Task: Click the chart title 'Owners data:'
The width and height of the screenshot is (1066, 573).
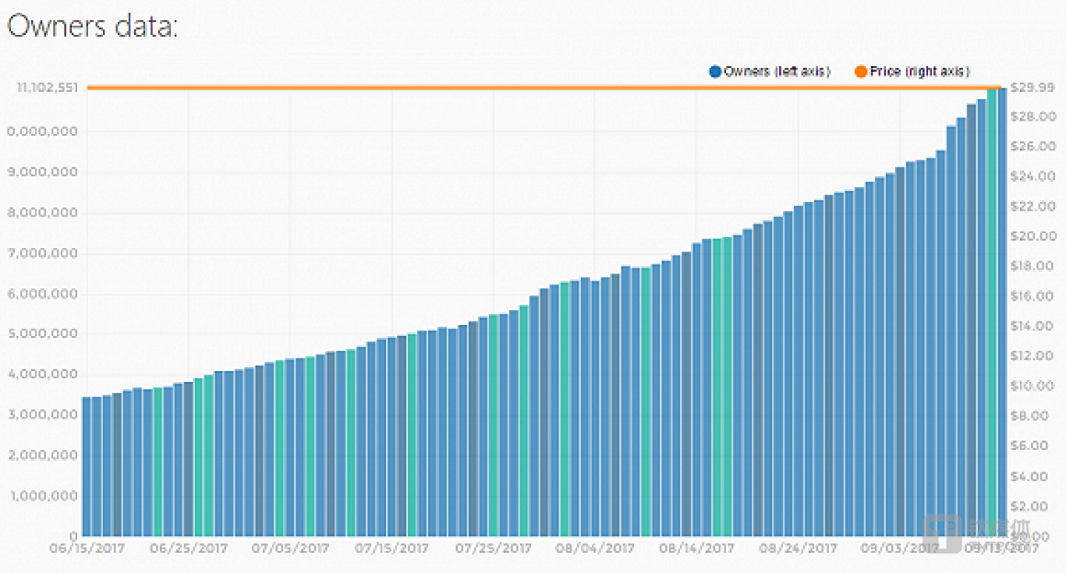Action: click(x=93, y=27)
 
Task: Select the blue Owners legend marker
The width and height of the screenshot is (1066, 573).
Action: click(x=715, y=72)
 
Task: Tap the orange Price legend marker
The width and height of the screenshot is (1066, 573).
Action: click(x=861, y=72)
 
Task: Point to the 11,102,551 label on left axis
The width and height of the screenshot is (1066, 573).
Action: click(x=46, y=88)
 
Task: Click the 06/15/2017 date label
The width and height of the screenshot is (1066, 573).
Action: click(x=87, y=549)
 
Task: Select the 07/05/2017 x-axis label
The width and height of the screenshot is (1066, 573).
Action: click(x=290, y=549)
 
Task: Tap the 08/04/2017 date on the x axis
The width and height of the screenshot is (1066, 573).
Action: click(x=595, y=549)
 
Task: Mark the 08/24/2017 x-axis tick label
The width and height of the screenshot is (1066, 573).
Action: click(x=798, y=549)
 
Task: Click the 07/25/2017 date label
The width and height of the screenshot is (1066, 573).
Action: click(x=493, y=549)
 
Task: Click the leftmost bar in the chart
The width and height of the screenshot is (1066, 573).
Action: click(x=87, y=466)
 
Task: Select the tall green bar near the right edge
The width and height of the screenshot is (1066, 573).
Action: click(x=991, y=311)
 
